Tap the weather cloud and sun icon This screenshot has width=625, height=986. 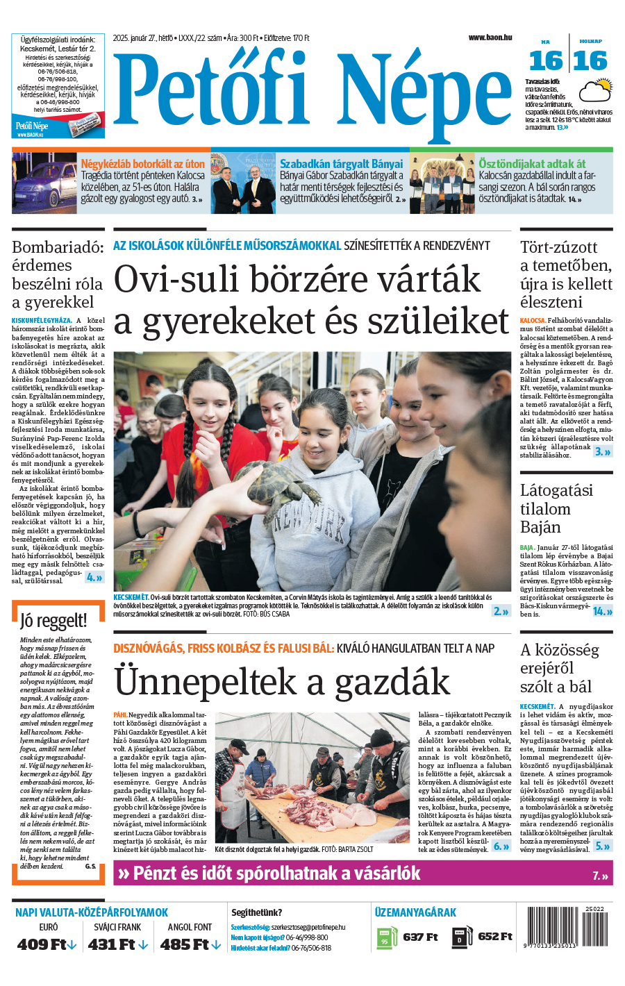pyautogui.click(x=596, y=91)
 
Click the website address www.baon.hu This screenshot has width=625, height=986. pyautogui.click(x=490, y=37)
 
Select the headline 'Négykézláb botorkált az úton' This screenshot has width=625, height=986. pyautogui.click(x=143, y=164)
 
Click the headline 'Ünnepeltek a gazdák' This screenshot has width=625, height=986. pyautogui.click(x=282, y=680)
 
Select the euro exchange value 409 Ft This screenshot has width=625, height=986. pyautogui.click(x=46, y=944)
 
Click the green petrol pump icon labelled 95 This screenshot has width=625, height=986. pyautogui.click(x=385, y=938)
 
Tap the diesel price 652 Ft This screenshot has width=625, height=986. pyautogui.click(x=495, y=937)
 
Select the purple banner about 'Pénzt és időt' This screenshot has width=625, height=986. pyautogui.click(x=362, y=874)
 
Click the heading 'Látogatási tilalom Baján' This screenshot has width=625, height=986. pyautogui.click(x=556, y=508)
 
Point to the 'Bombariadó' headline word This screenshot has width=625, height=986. pyautogui.click(x=58, y=247)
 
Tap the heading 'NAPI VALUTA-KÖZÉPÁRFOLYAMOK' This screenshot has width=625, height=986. pyautogui.click(x=92, y=912)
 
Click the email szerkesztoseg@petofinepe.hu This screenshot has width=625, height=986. pyautogui.click(x=308, y=927)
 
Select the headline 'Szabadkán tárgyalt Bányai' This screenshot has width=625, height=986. pyautogui.click(x=341, y=164)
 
